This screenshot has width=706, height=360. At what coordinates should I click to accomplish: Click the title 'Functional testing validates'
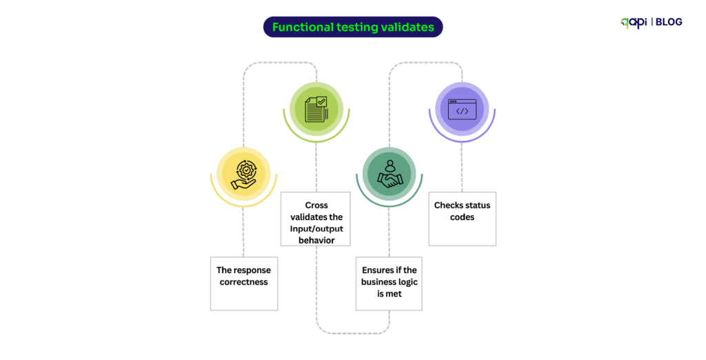[353, 27]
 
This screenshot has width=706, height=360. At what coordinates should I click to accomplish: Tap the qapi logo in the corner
[634, 22]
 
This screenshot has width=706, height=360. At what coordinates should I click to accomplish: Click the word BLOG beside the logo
[668, 22]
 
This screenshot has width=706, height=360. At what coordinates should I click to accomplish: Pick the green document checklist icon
[316, 109]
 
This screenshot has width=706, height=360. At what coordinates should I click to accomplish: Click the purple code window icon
[462, 109]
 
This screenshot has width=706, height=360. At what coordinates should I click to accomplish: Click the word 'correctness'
[243, 282]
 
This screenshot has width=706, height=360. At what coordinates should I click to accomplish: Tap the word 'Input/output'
[316, 228]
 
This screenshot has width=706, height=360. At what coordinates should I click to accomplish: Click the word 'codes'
[462, 217]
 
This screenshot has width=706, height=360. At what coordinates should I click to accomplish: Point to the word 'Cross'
[316, 205]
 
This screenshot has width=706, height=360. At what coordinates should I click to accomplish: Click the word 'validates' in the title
[408, 27]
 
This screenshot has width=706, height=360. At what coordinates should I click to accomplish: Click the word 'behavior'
[316, 240]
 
